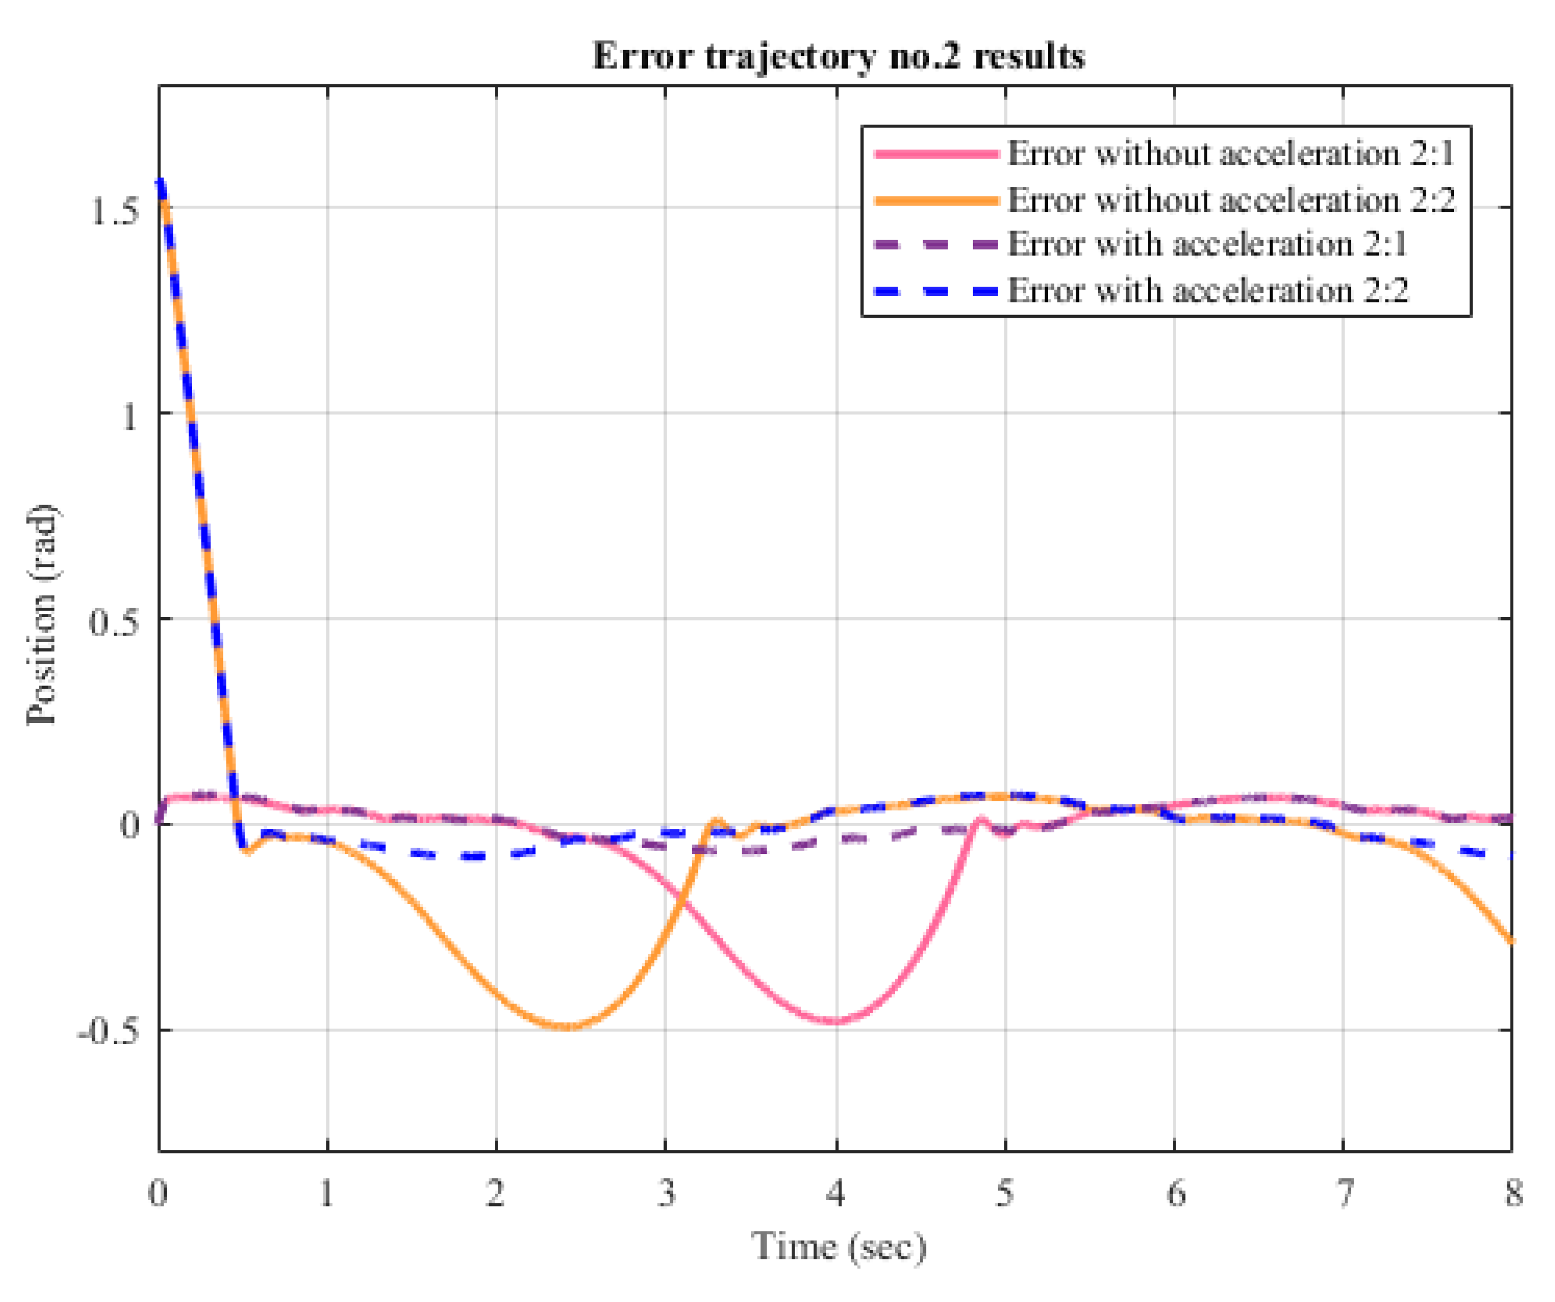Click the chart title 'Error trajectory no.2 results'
pyautogui.click(x=838, y=56)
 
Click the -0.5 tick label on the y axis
pyautogui.click(x=108, y=1031)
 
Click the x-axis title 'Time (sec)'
pyautogui.click(x=838, y=1247)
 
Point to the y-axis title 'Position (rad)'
pyautogui.click(x=42, y=615)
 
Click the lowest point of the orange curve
pyautogui.click(x=566, y=1026)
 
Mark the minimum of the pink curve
pyautogui.click(x=835, y=1022)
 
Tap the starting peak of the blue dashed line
pyautogui.click(x=160, y=181)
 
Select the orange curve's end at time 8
pyautogui.click(x=1511, y=942)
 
